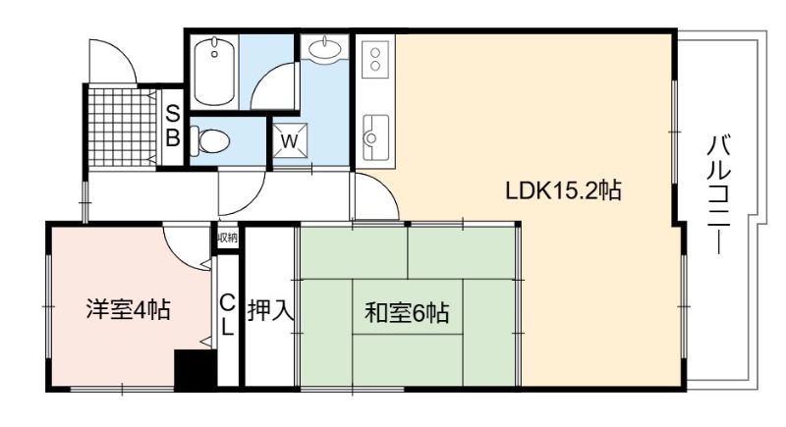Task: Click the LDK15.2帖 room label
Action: click(563, 190)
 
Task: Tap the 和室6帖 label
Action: click(407, 313)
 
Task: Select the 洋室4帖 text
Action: click(129, 310)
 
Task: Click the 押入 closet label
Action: click(270, 310)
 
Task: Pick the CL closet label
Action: click(227, 315)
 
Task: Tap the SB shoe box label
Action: click(173, 126)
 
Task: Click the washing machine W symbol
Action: click(289, 140)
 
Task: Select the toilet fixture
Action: click(210, 141)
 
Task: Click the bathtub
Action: click(214, 70)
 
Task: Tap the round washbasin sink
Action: click(325, 49)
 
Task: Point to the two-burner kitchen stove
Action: click(375, 59)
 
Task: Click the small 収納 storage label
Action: click(227, 239)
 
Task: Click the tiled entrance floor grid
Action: click(122, 128)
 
